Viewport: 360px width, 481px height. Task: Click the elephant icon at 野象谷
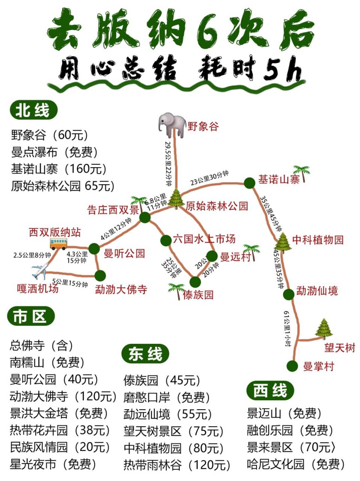pyautogui.click(x=172, y=125)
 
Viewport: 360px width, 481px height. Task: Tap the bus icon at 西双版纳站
pyautogui.click(x=58, y=244)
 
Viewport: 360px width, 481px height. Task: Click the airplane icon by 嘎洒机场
pyautogui.click(x=40, y=271)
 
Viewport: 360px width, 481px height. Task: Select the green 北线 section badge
pyautogui.click(x=33, y=111)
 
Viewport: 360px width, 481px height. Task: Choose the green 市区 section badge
pyautogui.click(x=30, y=316)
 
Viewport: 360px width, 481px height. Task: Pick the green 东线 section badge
pyautogui.click(x=145, y=354)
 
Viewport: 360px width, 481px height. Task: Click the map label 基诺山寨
pyautogui.click(x=279, y=180)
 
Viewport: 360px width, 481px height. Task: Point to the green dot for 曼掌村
pyautogui.click(x=292, y=366)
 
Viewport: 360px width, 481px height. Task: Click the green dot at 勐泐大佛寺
pyautogui.click(x=100, y=276)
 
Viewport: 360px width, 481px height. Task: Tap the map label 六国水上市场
pyautogui.click(x=204, y=239)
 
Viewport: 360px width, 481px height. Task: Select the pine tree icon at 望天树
pyautogui.click(x=324, y=329)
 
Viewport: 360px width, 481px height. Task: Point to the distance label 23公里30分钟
pyautogui.click(x=209, y=178)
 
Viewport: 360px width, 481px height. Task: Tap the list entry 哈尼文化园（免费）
pyautogui.click(x=296, y=464)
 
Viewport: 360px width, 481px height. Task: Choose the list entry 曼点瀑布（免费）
pyautogui.click(x=54, y=152)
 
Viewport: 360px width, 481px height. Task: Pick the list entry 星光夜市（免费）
pyautogui.click(x=53, y=464)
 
